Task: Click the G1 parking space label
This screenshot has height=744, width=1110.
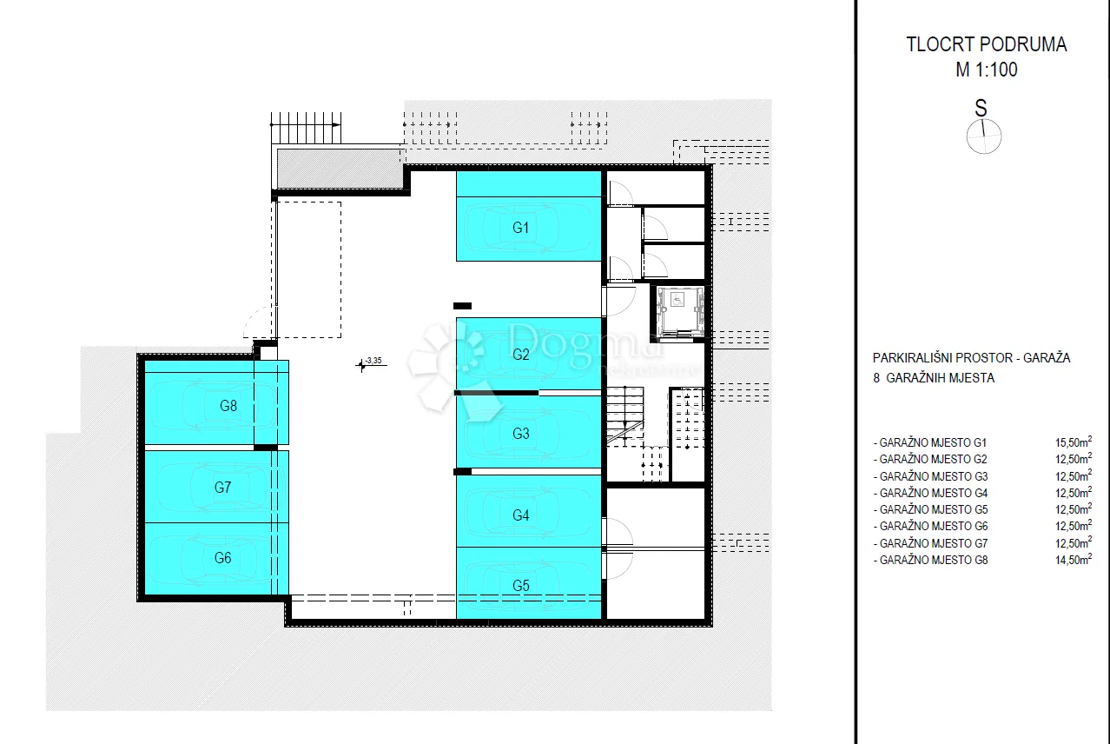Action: (520, 228)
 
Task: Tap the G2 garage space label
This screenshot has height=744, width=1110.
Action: (521, 354)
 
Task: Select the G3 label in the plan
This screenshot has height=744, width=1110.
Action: (521, 434)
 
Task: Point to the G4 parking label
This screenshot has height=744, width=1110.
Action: (521, 515)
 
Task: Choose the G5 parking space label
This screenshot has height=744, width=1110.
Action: (521, 586)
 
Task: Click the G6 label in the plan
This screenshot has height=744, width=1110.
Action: (222, 558)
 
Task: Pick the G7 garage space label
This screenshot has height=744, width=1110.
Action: (222, 488)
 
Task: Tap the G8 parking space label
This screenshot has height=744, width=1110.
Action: (228, 406)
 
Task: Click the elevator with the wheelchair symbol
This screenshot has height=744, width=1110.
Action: (680, 312)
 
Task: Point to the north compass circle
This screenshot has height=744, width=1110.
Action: (984, 136)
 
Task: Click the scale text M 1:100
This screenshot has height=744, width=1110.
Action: (987, 70)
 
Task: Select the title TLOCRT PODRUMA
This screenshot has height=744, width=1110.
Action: (987, 44)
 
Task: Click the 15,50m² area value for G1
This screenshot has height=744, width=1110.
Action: (1074, 442)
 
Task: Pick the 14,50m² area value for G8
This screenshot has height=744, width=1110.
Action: (1074, 560)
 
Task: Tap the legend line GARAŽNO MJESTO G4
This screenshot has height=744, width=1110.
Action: (930, 493)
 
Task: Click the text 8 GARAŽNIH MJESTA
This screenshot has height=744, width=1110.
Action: (934, 378)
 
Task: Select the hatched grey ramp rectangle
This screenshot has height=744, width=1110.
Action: (340, 169)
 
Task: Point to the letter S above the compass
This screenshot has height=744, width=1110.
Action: (981, 108)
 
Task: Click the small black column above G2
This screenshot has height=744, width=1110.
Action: (462, 306)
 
